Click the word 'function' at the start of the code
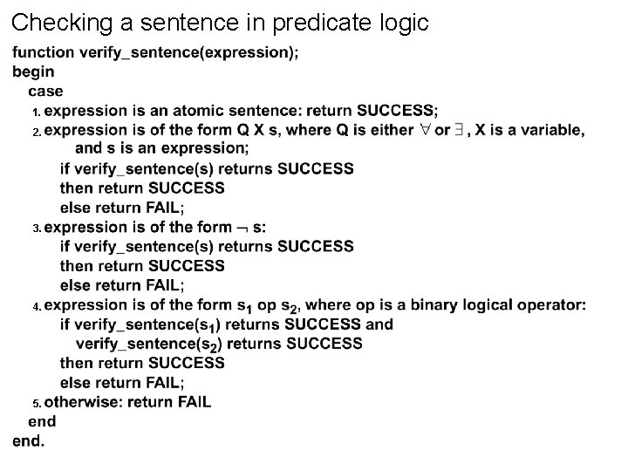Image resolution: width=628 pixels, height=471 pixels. (x=44, y=52)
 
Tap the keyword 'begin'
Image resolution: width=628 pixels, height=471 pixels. (x=33, y=72)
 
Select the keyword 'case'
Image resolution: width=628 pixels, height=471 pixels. (x=45, y=91)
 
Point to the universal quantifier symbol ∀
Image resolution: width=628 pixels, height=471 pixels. (x=423, y=130)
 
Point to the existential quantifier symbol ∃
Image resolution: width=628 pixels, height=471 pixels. (x=459, y=130)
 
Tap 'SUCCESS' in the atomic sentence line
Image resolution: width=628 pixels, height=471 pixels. (x=395, y=111)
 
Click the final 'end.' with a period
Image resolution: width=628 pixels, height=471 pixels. (x=29, y=440)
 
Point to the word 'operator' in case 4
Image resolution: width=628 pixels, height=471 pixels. (x=551, y=305)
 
